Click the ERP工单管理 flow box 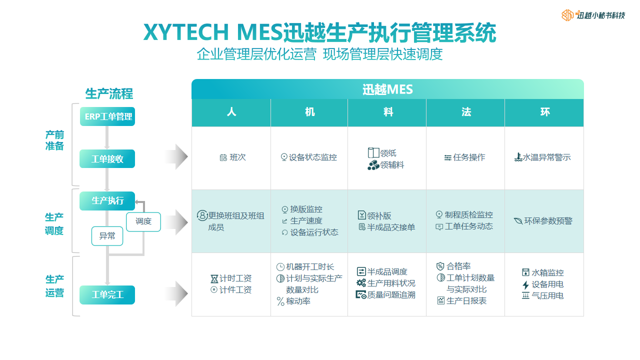point(107,116)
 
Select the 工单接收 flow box point(107,158)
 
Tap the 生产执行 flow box point(107,201)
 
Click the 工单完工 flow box point(107,295)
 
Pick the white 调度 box point(143,221)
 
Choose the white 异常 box point(107,236)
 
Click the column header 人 point(231,112)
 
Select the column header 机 point(309,112)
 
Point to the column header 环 point(545,112)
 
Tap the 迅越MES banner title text point(387,89)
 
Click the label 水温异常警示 point(546,157)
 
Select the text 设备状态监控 point(313,157)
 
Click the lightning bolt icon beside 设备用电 point(525,284)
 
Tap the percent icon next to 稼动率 point(280,301)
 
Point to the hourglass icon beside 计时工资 point(214,278)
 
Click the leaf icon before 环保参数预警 point(518,221)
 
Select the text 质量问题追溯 point(391,295)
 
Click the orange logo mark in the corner point(567,15)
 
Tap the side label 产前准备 point(54,140)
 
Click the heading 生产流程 point(109,93)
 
